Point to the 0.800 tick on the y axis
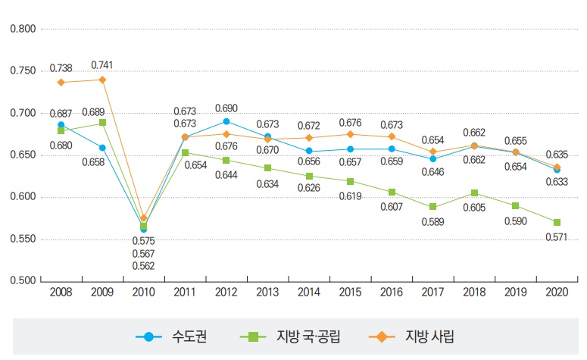click(21, 29)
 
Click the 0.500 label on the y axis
click(21, 281)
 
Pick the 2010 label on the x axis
click(143, 293)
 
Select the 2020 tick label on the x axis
click(557, 293)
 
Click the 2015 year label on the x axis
click(350, 293)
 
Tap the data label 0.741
click(103, 65)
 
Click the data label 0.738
click(61, 68)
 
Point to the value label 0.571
click(557, 236)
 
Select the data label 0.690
click(226, 108)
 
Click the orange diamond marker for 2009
click(102, 80)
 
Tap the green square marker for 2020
click(557, 222)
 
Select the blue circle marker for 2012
click(226, 121)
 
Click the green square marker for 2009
click(102, 123)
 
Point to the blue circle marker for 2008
click(61, 124)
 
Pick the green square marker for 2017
click(432, 206)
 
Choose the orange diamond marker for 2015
click(350, 134)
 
